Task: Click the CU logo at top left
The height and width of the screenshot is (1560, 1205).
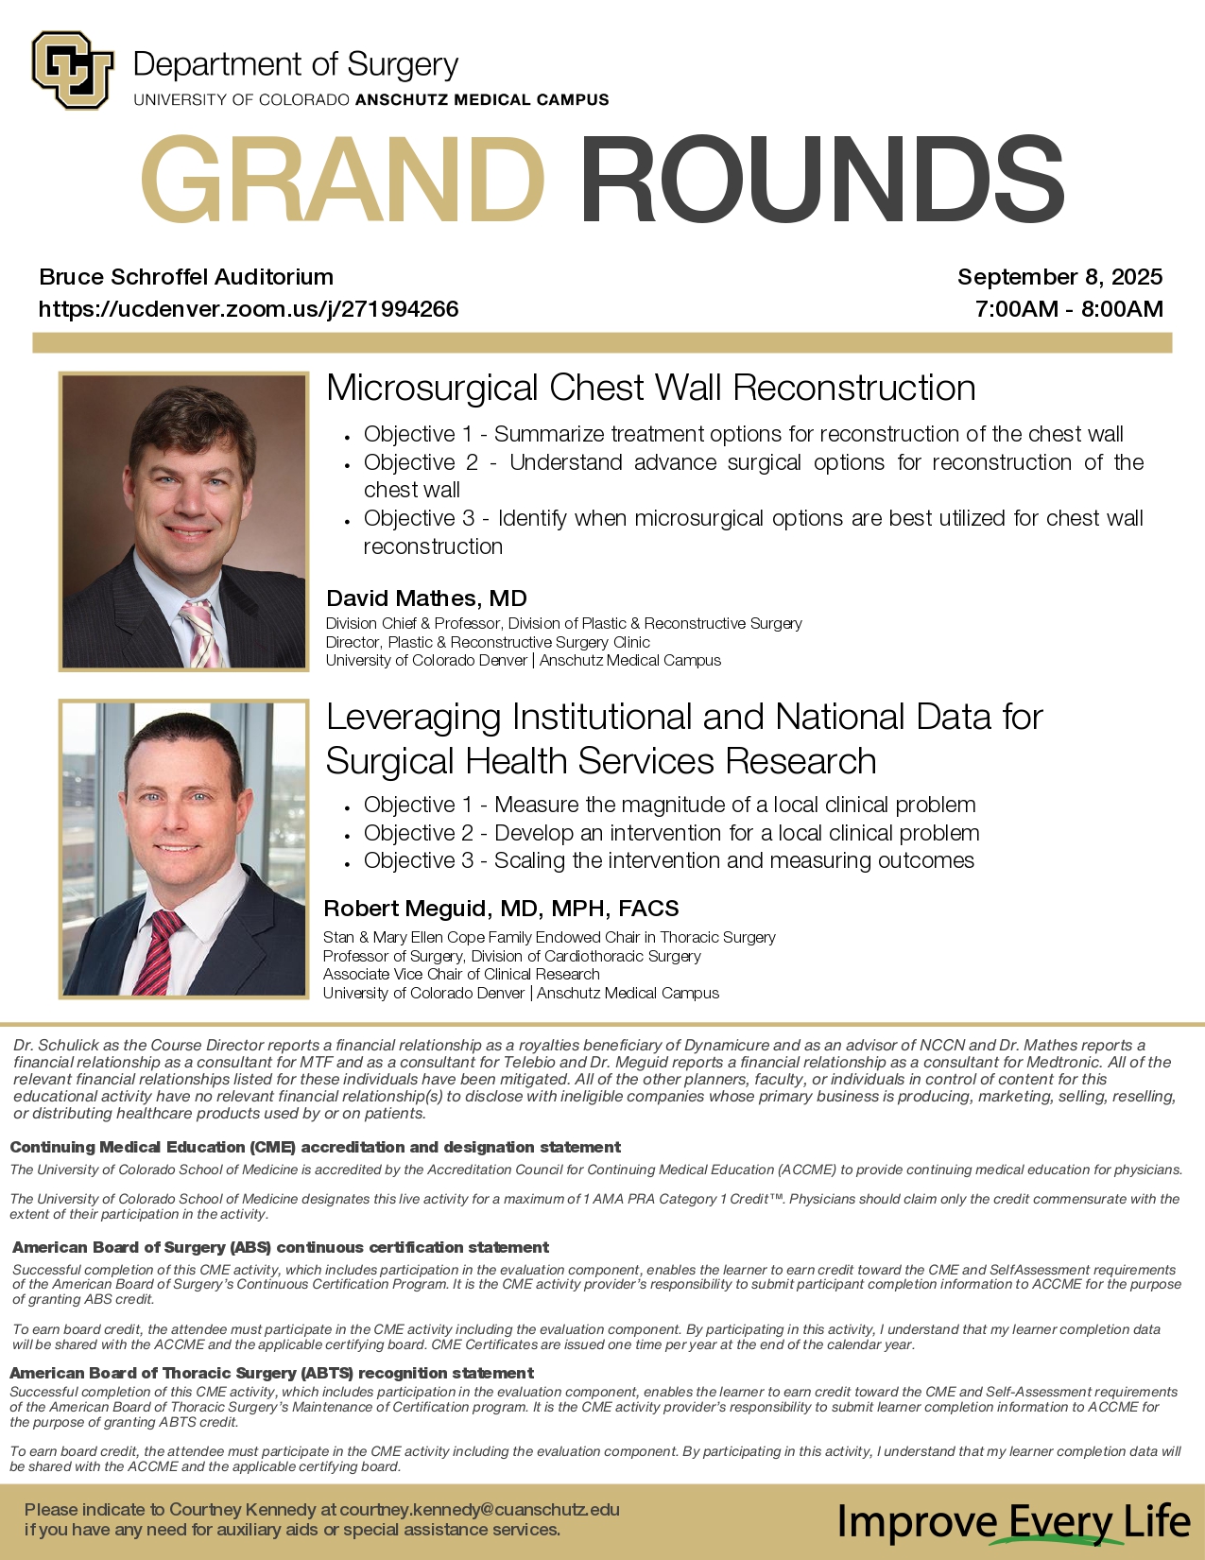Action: (73, 70)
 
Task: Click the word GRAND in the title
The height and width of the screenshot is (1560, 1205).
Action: (342, 180)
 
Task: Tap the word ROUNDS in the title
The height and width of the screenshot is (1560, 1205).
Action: (822, 180)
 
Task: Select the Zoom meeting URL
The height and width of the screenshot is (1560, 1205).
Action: (249, 309)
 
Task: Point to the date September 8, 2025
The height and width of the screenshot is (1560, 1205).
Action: (1059, 277)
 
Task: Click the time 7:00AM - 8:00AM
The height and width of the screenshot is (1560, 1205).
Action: (1069, 309)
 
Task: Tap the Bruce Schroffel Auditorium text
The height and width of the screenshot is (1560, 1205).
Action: (186, 277)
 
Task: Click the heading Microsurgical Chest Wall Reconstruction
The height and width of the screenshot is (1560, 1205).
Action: (650, 388)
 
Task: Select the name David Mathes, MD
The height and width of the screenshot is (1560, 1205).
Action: (426, 598)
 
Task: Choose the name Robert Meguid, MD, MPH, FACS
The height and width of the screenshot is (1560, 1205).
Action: (501, 909)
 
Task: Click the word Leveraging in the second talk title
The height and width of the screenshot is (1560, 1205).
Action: (413, 717)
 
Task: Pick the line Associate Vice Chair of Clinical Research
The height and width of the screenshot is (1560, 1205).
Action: (461, 974)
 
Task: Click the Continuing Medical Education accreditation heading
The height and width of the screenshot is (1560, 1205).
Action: (315, 1147)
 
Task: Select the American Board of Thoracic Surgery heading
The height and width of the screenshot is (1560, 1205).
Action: (271, 1373)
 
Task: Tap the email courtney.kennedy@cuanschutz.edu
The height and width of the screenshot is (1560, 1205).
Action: (479, 1510)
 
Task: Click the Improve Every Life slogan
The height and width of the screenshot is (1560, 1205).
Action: (1013, 1522)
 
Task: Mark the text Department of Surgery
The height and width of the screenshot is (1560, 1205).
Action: (296, 64)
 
